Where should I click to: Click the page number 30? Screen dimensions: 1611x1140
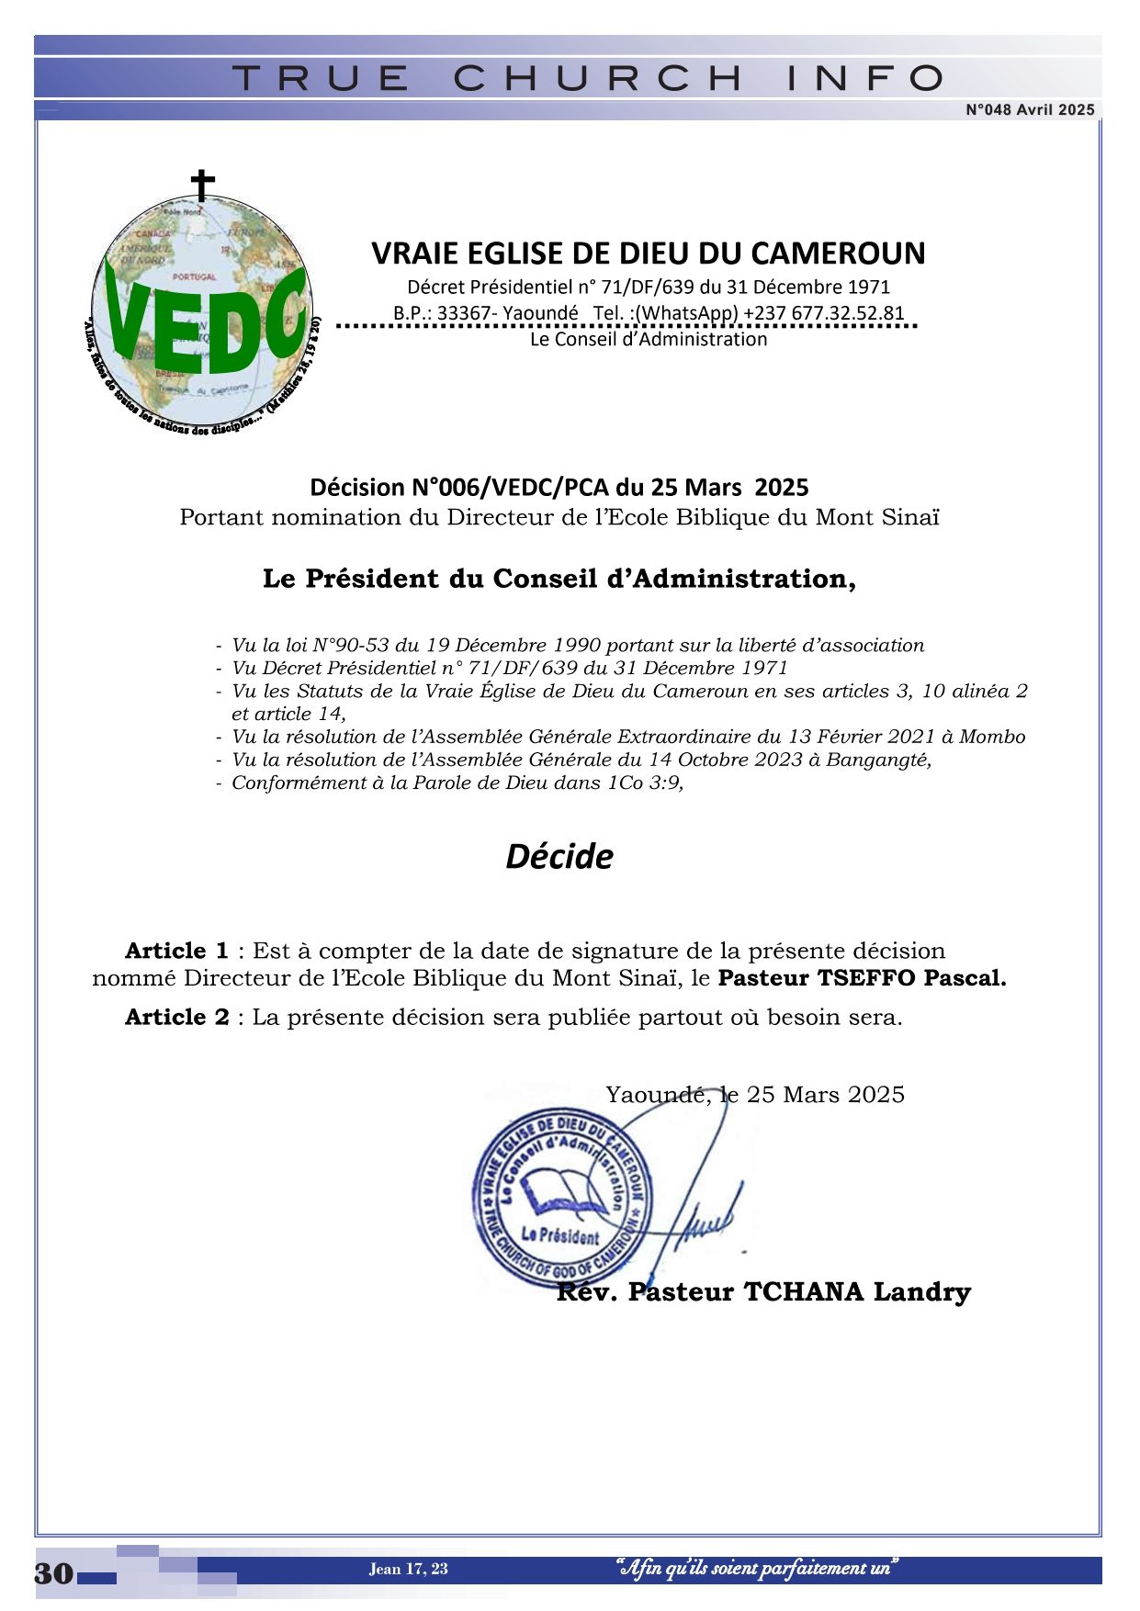54,1573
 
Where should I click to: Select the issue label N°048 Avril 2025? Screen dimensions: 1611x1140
1030,110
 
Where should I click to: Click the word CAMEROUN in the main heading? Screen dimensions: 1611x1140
846,253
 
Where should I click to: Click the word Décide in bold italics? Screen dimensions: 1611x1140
559,856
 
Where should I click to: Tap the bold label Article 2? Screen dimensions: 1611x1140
177,1018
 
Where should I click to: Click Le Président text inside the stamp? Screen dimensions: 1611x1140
559,1235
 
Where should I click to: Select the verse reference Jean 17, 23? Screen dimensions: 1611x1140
409,1569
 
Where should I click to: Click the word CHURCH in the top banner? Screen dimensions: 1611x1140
598,78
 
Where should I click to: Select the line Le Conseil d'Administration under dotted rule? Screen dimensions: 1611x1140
649,339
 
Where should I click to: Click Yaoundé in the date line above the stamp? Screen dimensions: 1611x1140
656,1095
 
